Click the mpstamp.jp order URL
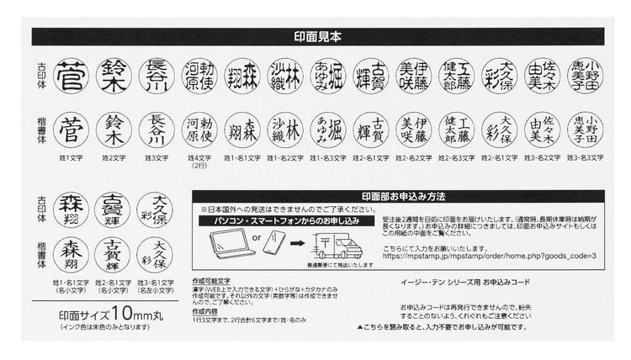coord(490,256)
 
